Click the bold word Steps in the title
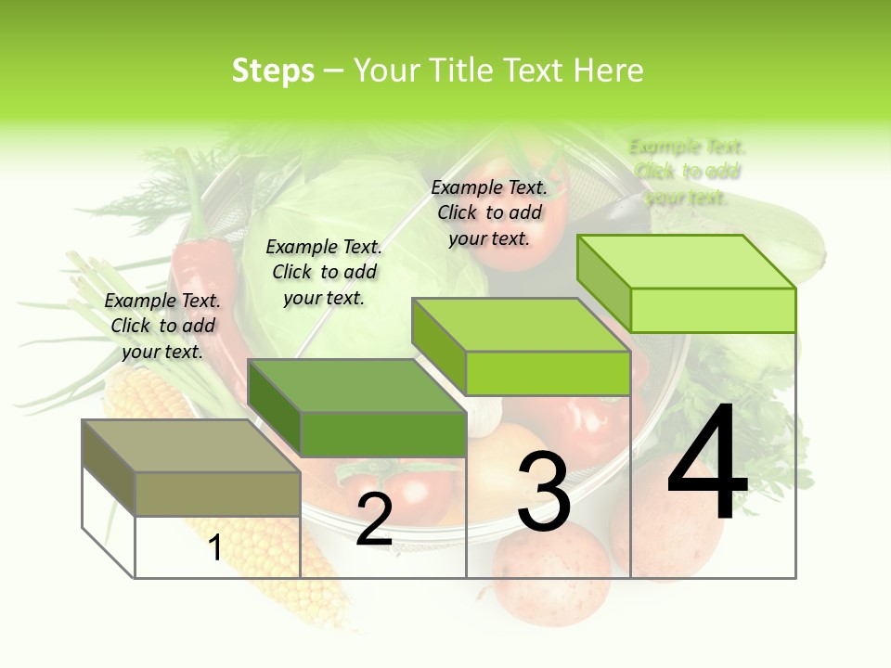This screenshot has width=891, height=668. click(273, 71)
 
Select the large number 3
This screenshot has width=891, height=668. click(544, 492)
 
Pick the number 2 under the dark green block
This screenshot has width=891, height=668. click(374, 520)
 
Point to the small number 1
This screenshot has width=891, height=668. click(215, 547)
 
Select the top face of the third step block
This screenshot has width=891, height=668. click(520, 326)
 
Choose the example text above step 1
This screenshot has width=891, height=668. click(162, 326)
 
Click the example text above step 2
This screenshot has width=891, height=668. click(324, 272)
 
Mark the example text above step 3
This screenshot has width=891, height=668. click(489, 212)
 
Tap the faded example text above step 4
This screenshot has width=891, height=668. click(687, 172)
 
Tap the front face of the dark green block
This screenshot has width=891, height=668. click(383, 434)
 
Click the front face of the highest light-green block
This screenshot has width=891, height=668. click(713, 310)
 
